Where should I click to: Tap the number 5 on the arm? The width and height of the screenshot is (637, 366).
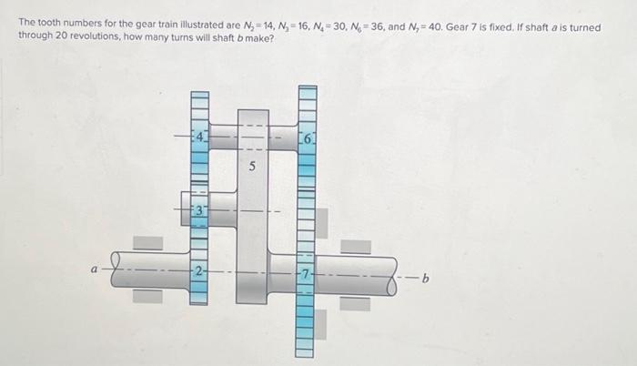coord(253,168)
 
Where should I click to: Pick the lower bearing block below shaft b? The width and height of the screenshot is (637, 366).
coord(356,302)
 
